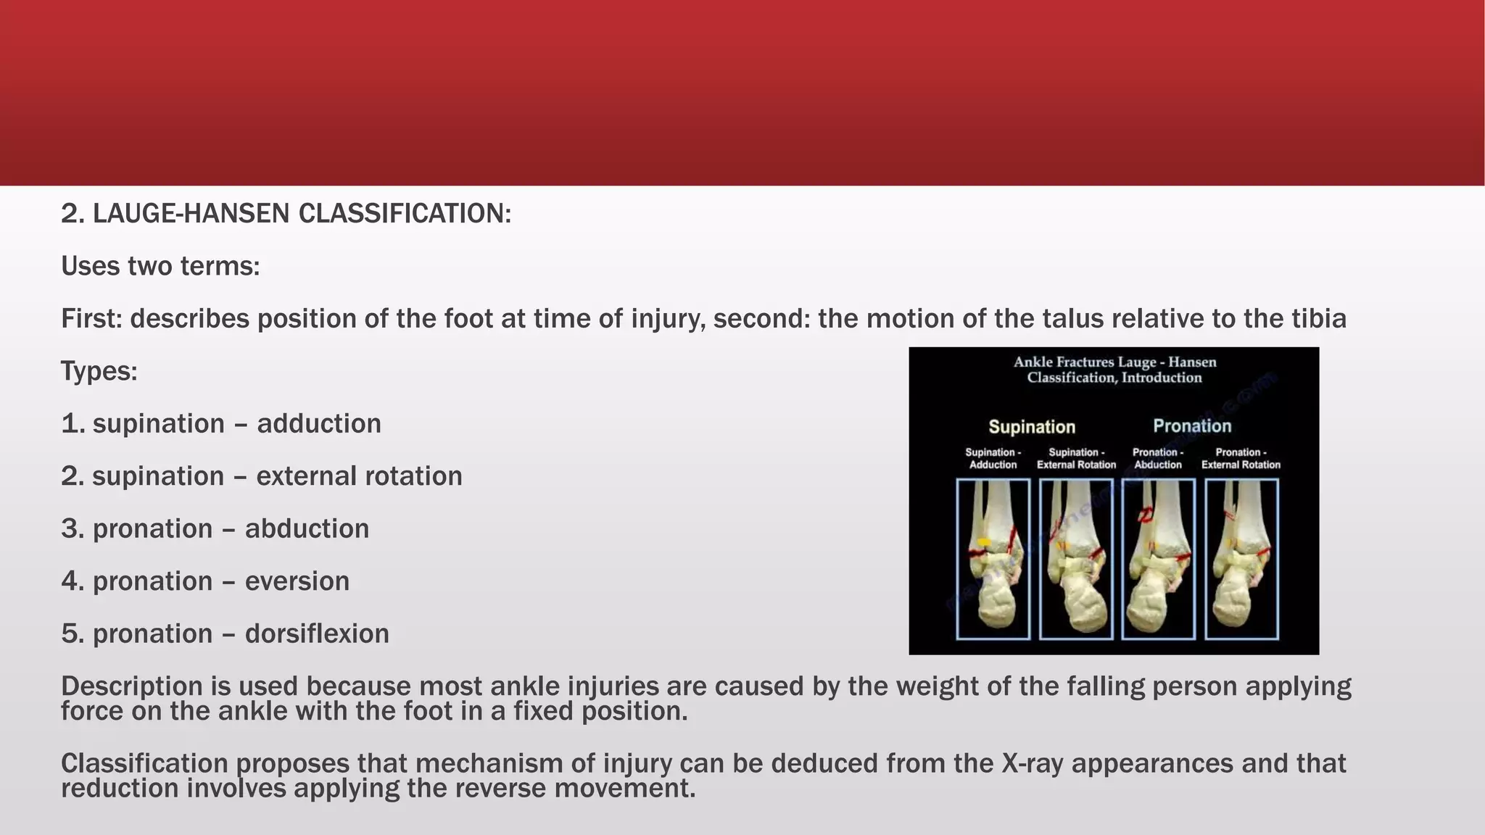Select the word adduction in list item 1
pos(319,423)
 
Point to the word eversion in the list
pos(297,581)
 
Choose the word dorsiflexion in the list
pos(317,634)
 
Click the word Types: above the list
pos(99,371)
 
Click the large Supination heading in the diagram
pos(1032,427)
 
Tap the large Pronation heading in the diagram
pos(1192,426)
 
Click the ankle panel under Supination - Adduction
pos(993,559)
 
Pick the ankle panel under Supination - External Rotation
pos(1076,559)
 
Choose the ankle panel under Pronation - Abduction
pos(1158,559)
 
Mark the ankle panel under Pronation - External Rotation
pos(1241,559)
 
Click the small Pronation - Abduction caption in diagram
pos(1158,458)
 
